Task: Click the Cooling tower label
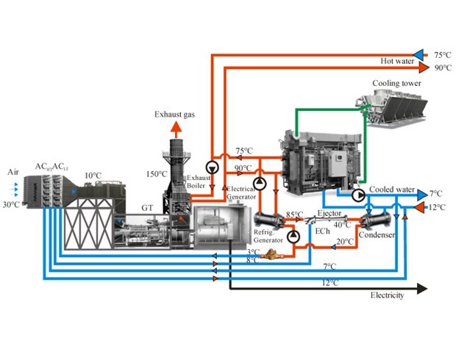click(x=397, y=83)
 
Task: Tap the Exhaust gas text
click(x=175, y=115)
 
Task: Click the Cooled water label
click(x=392, y=189)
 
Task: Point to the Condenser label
click(x=377, y=235)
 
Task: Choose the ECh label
click(x=321, y=231)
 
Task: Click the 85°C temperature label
click(x=295, y=215)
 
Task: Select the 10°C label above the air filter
click(x=93, y=176)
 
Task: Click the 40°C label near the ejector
click(x=342, y=224)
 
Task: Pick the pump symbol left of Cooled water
click(x=358, y=195)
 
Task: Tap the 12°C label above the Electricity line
click(x=331, y=282)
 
